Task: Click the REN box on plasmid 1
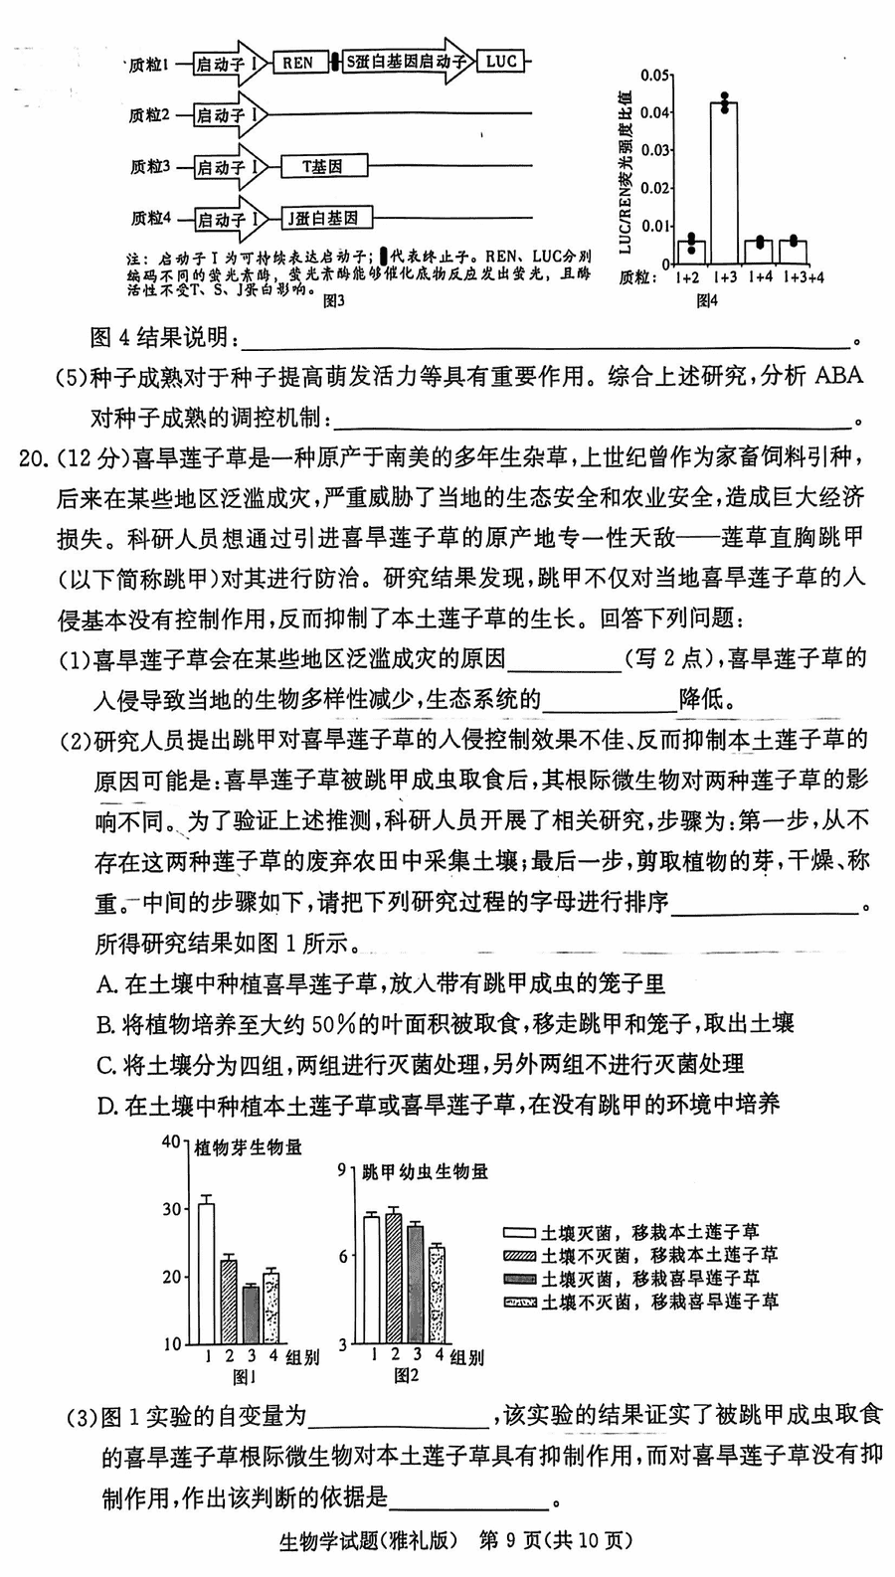click(x=296, y=63)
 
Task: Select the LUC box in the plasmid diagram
click(x=501, y=62)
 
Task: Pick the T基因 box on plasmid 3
click(x=323, y=167)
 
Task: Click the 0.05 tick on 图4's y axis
click(x=653, y=75)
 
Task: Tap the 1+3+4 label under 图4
click(x=805, y=277)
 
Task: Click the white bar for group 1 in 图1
click(x=206, y=1273)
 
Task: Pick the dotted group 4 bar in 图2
click(x=436, y=1295)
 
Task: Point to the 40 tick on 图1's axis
click(x=171, y=1141)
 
